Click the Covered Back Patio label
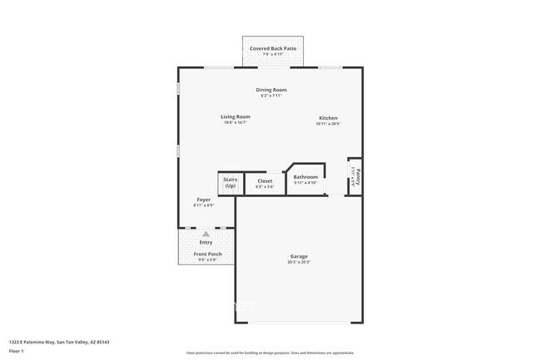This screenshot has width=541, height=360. [x=273, y=49]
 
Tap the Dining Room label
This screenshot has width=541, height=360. [x=271, y=90]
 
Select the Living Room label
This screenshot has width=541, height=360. [x=236, y=116]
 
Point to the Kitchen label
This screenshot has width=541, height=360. [x=328, y=118]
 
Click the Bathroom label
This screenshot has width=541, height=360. [x=305, y=176]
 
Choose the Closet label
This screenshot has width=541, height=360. [x=265, y=180]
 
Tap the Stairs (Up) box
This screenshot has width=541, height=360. [x=231, y=183]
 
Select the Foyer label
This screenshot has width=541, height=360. [x=203, y=200]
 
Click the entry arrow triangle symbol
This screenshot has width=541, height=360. [x=206, y=234]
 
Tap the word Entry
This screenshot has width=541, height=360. [x=206, y=242]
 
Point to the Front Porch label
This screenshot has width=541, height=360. [x=207, y=254]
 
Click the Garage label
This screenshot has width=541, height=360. [x=299, y=256]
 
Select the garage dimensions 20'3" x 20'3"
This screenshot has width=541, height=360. [x=299, y=263]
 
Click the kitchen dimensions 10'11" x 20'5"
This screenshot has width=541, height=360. [x=328, y=125]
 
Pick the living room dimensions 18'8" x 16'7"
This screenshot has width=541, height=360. [x=236, y=123]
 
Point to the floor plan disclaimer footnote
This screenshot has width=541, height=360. [x=270, y=353]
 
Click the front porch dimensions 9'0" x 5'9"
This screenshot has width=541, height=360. [x=207, y=260]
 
